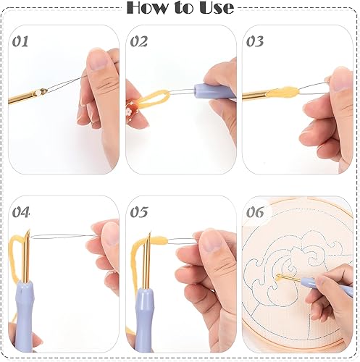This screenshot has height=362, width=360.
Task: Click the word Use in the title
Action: pos(216,8)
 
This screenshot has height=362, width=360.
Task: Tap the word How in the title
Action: pos(148,8)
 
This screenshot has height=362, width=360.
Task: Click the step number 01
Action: pos(20,41)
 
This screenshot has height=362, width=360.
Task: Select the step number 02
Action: pos(139,41)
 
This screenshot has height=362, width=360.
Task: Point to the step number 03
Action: pos(255,41)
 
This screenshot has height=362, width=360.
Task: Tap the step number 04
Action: pos(21,212)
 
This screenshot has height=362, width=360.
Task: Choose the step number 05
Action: pos(139,212)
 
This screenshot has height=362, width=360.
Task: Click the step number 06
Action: pos(255,212)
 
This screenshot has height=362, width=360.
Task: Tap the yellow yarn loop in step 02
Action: pos(155,98)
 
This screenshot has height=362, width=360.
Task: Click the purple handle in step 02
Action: pos(214,91)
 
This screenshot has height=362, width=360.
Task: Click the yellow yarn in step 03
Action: pos(282,92)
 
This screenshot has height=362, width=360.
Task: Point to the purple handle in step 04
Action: pos(23,316)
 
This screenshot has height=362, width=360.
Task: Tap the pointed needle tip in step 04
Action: pos(29,230)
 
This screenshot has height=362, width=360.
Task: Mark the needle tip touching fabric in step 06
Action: pos(277,276)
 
